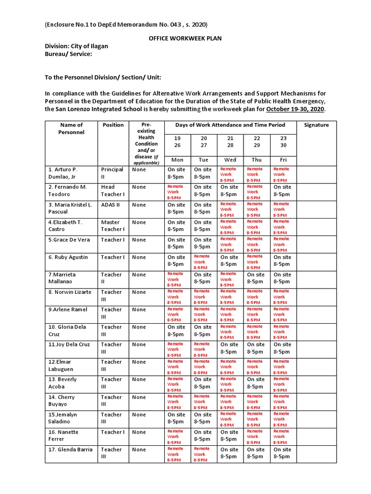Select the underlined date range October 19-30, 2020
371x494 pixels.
(295, 110)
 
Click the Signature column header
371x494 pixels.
(316, 125)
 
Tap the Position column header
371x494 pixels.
(113, 125)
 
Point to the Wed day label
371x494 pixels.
(230, 160)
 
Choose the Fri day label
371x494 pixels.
(283, 160)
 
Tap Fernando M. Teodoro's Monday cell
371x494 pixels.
(176, 192)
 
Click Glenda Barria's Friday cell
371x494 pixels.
(283, 453)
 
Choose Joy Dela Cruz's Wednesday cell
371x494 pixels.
(229, 348)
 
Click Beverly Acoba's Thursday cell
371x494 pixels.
(256, 383)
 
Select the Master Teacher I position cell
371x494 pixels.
(113, 225)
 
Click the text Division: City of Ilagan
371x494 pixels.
(76, 46)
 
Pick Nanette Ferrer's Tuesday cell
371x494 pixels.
(202, 436)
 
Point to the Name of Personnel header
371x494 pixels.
(71, 128)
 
